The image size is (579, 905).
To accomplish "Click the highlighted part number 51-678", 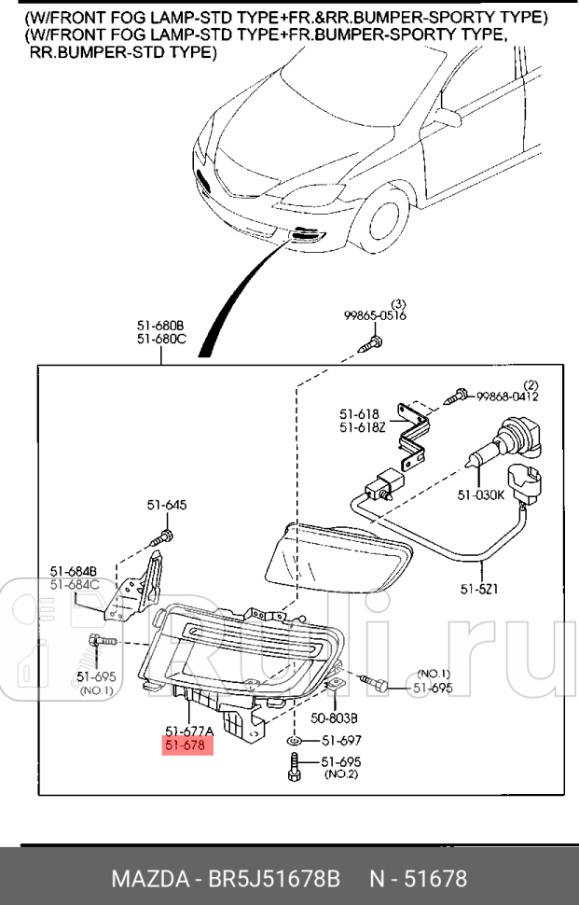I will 187,745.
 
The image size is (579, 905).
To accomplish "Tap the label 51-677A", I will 189,730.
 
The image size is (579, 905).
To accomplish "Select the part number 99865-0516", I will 375,316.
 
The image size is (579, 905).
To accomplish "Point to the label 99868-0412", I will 507,397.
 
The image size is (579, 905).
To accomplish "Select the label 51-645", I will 166,505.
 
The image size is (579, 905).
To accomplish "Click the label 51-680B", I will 161,326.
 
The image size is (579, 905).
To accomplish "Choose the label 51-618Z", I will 361,426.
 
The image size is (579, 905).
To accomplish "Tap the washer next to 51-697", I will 295,741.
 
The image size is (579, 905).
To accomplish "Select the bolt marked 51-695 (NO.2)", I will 296,768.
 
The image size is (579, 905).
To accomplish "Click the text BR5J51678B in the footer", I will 276,879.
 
